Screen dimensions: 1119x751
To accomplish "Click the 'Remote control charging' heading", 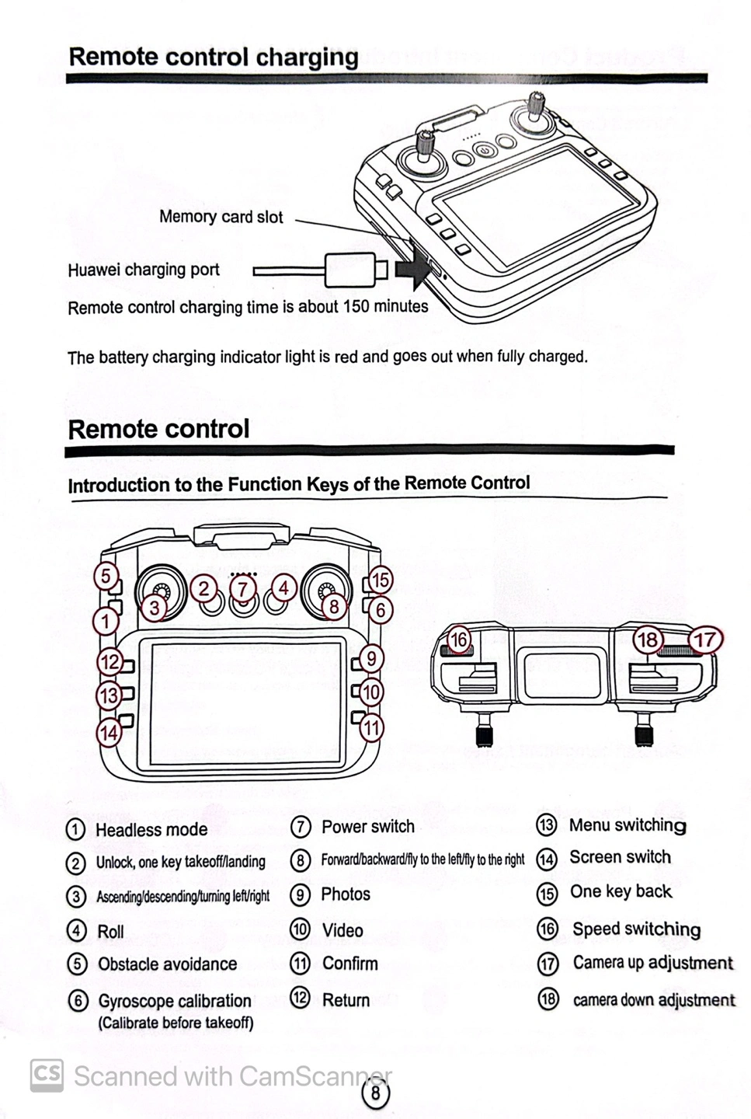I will [214, 57].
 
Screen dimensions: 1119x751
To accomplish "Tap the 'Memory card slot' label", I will [221, 217].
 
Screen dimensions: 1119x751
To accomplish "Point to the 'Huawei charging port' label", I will [144, 270].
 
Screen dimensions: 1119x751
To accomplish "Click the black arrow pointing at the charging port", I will [412, 270].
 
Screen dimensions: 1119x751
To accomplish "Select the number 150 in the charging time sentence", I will [356, 306].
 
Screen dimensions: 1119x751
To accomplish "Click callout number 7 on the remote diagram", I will [243, 588].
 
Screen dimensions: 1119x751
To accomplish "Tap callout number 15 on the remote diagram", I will [380, 580].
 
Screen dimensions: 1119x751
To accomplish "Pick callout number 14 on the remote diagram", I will [109, 732].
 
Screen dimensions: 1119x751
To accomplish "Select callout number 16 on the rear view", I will [459, 640].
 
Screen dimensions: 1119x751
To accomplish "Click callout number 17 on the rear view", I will [705, 640].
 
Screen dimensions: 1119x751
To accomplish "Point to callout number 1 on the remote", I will [106, 621].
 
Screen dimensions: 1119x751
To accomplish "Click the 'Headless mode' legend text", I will [151, 829].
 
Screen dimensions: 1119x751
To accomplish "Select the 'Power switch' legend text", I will [368, 826].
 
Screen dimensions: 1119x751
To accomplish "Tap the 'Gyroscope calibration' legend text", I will [175, 1001].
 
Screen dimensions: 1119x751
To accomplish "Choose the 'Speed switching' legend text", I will [636, 929].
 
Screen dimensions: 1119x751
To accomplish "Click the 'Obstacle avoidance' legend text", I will [167, 964].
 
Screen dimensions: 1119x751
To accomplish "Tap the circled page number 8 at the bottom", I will [376, 1093].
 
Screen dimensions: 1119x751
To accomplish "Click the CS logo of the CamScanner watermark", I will [47, 1075].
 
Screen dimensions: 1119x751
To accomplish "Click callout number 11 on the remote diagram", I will [371, 727].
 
